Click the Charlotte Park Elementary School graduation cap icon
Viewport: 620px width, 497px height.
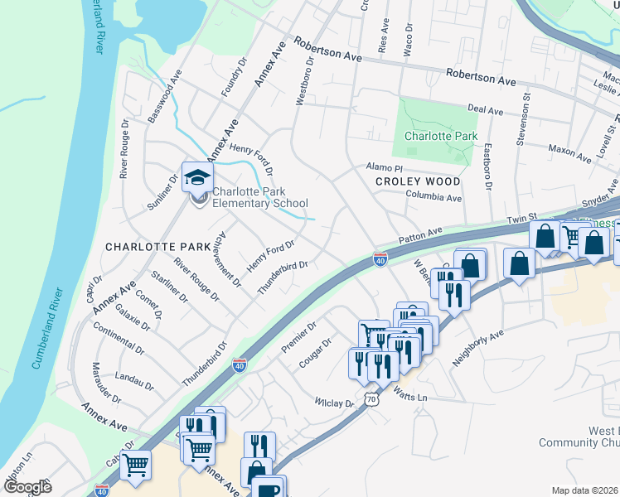coord(198,176)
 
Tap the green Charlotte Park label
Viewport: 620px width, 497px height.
coord(441,136)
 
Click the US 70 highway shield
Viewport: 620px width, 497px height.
coord(371,399)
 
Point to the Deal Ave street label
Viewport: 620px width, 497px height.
coord(486,110)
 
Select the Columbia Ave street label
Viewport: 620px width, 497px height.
coord(434,198)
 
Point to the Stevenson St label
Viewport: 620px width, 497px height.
coord(524,119)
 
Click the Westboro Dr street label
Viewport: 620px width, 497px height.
coord(304,80)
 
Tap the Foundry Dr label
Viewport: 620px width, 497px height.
coord(235,77)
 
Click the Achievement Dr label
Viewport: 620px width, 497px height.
coord(225,261)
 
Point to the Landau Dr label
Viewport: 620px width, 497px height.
coord(133,380)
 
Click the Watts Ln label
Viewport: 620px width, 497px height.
coord(409,397)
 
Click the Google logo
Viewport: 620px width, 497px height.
coord(27,487)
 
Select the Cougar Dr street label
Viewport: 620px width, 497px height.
coord(316,353)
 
